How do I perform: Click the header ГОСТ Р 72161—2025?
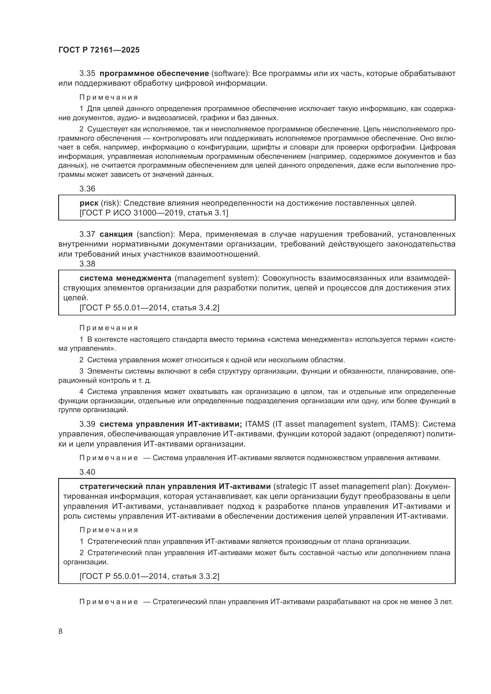(x=99, y=50)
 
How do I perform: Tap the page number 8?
(x=61, y=631)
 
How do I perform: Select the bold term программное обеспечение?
(x=154, y=74)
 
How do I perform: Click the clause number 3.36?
(x=87, y=189)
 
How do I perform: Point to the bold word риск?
(x=89, y=204)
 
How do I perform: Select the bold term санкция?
(x=116, y=234)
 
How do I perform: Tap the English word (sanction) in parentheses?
(x=154, y=234)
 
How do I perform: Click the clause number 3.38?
(x=87, y=264)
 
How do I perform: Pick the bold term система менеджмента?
(x=125, y=278)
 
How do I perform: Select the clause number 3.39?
(x=87, y=424)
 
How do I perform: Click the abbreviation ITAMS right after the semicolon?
(x=257, y=424)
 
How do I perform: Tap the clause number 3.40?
(x=87, y=472)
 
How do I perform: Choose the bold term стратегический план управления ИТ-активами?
(x=175, y=487)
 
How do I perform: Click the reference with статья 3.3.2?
(x=149, y=576)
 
